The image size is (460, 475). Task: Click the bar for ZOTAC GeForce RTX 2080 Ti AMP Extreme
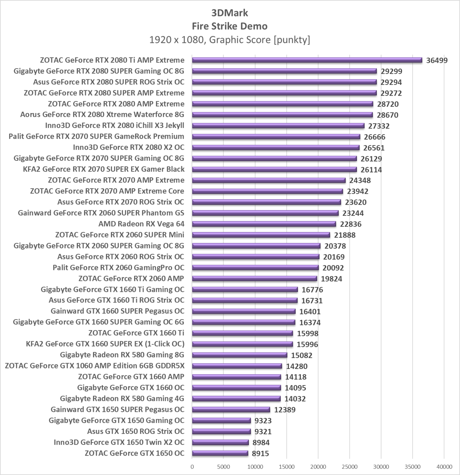(307, 60)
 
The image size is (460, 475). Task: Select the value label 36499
(437, 61)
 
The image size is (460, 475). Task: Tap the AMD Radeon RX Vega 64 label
(141, 224)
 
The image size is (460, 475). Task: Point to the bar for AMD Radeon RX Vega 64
(264, 224)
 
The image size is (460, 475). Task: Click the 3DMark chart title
(230, 13)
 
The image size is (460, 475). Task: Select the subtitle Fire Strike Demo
(230, 26)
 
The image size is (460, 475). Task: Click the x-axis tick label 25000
(349, 467)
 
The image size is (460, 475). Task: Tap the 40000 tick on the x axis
(444, 467)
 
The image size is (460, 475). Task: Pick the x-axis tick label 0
(192, 467)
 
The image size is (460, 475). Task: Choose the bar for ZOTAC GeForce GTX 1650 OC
(220, 453)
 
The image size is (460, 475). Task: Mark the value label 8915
(260, 454)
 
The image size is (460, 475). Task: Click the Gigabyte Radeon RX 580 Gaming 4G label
(122, 399)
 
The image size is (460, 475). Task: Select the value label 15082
(302, 355)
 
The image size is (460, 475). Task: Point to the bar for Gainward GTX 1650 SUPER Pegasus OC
(231, 410)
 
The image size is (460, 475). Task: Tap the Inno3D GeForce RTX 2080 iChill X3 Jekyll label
(115, 126)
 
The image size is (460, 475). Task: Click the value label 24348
(360, 180)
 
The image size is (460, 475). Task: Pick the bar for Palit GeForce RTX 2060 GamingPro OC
(255, 268)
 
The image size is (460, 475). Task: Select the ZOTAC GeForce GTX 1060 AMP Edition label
(95, 366)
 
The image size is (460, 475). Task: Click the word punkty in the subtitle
(292, 40)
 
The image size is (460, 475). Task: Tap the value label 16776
(312, 290)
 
